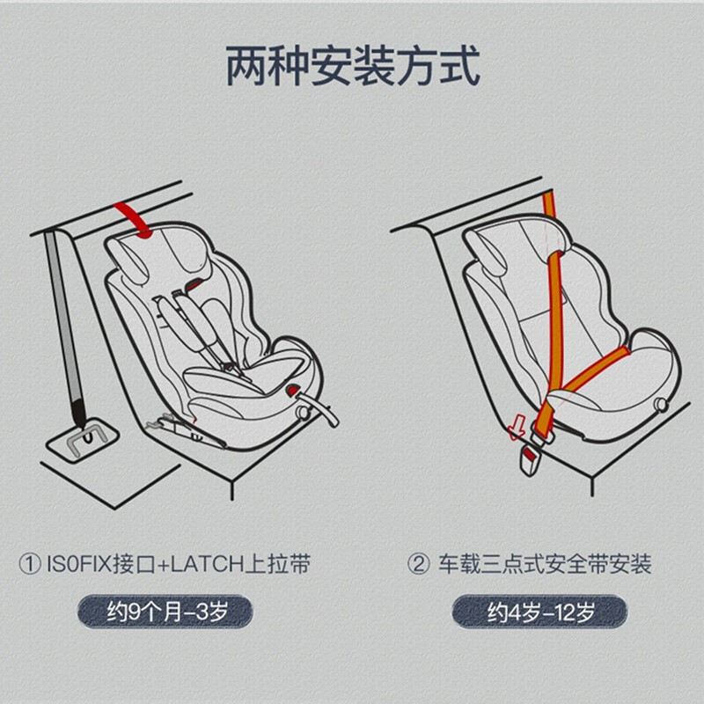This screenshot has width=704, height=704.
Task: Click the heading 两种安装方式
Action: coord(353,66)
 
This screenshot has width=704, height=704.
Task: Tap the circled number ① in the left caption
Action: coord(30,564)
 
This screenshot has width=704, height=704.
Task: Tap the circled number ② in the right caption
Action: coord(419,564)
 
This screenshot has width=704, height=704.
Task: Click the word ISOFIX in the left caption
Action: coord(78,564)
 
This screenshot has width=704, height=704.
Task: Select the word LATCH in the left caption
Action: coord(207,564)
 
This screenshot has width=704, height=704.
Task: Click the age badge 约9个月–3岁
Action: coord(165,612)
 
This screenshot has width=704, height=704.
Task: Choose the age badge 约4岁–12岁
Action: coord(539,612)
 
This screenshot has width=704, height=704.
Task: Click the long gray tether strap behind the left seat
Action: coord(64,327)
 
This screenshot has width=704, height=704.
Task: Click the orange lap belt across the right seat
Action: coord(593,369)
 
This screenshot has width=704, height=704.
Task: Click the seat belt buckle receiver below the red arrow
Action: coord(530,460)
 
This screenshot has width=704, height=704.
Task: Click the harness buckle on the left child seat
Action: coord(231,367)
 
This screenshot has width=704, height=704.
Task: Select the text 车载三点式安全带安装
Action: coord(545,564)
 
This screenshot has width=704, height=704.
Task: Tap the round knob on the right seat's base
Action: coord(661,404)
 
